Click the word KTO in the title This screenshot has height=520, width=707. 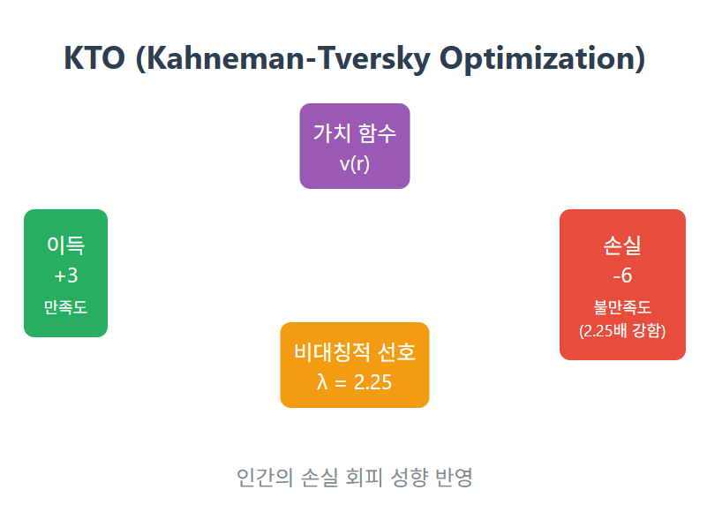[94, 57]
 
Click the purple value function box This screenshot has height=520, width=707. [355, 147]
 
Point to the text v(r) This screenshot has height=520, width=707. [355, 163]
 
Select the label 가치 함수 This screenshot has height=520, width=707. [355, 133]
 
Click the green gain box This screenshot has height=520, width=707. [66, 273]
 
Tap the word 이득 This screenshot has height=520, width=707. [66, 245]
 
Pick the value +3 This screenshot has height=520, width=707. [66, 275]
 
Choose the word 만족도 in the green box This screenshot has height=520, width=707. [66, 307]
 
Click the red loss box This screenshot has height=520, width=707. [622, 284]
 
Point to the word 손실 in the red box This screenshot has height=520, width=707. [622, 245]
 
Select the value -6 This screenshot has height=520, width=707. [622, 275]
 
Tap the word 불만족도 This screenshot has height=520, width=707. [622, 307]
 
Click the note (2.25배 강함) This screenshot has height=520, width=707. [622, 331]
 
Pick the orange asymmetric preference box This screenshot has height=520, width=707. [355, 365]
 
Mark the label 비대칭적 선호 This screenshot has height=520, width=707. [355, 351]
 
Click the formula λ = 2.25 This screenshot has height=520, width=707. [355, 382]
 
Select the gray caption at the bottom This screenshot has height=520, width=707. [355, 477]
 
